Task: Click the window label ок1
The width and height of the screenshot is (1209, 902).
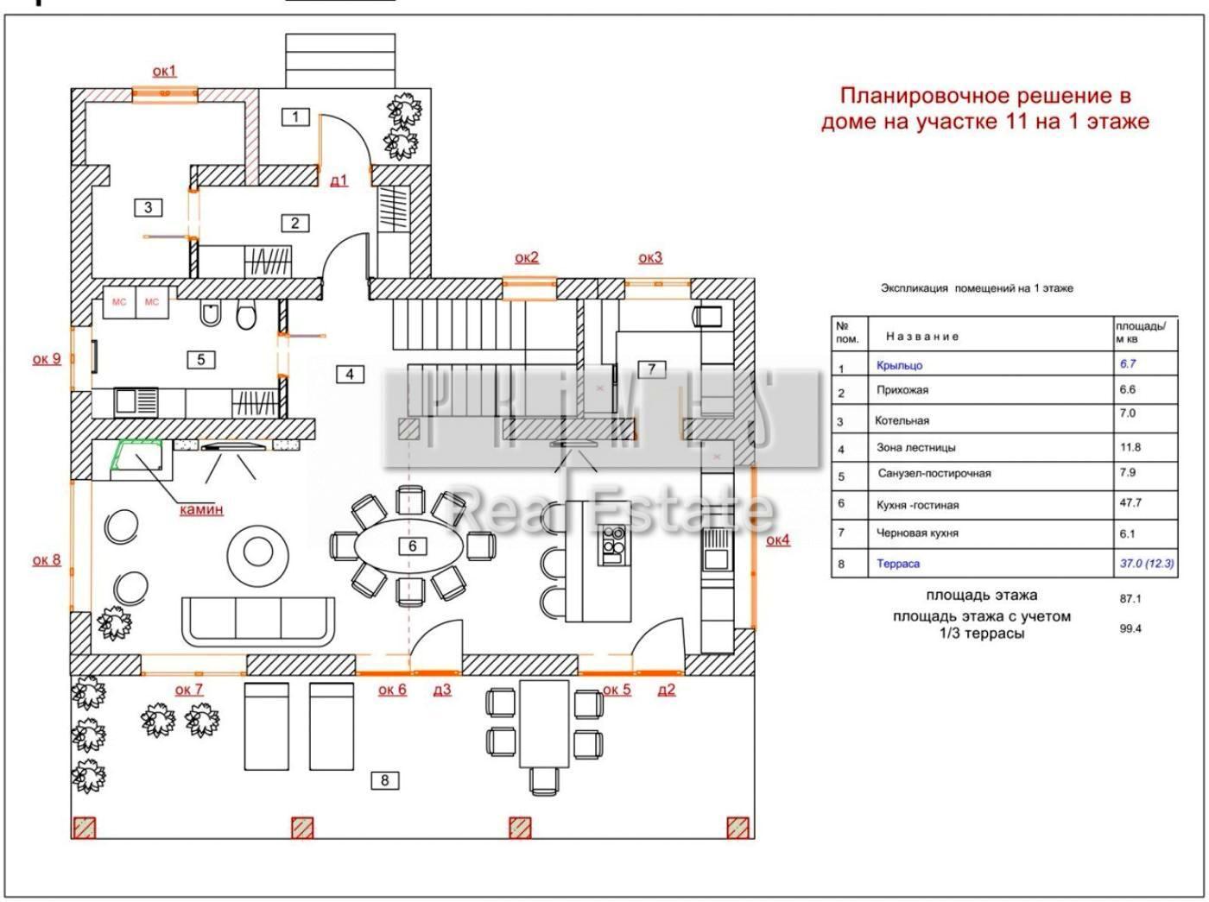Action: pos(164,71)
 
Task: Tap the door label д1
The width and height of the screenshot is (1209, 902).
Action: pos(339,180)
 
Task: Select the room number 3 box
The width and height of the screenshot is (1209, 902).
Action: pos(149,207)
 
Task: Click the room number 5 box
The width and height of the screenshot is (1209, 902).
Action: pos(201,359)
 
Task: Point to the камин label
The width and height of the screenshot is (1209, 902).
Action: pos(201,509)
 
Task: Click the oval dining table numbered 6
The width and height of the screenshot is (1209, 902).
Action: pos(412,546)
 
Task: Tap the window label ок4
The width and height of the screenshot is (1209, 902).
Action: pos(777,540)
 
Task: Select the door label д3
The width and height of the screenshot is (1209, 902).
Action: pos(441,690)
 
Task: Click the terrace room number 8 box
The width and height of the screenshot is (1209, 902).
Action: pos(384,780)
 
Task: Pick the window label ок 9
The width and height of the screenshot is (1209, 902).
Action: pos(47,358)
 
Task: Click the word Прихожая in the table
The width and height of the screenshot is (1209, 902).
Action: pos(902,390)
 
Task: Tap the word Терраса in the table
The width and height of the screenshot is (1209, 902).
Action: pos(898,564)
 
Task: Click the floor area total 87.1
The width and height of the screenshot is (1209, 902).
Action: pos(1130,598)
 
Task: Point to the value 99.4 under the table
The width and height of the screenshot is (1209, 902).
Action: pos(1130,628)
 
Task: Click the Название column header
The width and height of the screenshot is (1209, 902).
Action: pos(922,337)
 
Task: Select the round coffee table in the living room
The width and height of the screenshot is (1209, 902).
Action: pos(256,550)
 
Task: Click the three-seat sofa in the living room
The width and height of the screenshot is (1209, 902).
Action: pos(258,621)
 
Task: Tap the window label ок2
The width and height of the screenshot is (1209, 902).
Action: pos(526,257)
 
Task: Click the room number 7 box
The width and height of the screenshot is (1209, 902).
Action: pos(652,369)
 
